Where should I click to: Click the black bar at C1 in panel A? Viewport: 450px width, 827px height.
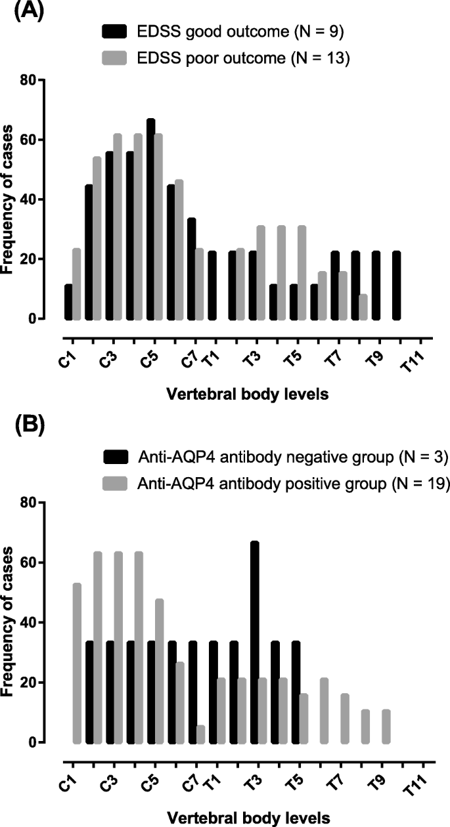click(x=68, y=301)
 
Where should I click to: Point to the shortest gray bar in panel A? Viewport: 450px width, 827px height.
click(x=364, y=307)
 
